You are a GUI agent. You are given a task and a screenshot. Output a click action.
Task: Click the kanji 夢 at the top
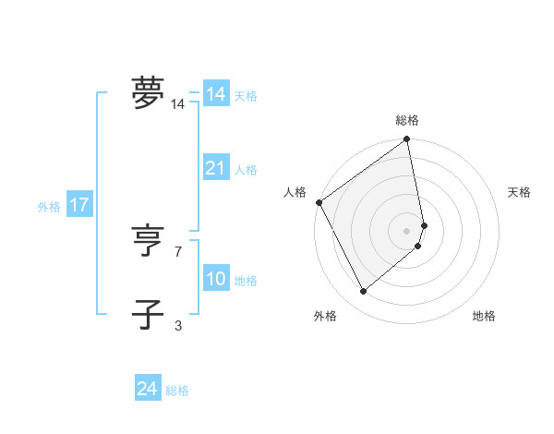coord(149,92)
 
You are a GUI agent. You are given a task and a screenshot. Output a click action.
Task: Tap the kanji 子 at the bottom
coord(149,315)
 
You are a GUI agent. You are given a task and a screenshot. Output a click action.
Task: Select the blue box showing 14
coord(216,94)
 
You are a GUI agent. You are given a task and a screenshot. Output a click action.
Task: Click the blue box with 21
coord(216,168)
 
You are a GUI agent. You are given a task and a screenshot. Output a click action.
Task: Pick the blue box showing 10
coord(216,279)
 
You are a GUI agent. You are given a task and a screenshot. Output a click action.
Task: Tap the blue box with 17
coord(79,205)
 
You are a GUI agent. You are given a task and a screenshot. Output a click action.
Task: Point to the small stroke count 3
coord(178,324)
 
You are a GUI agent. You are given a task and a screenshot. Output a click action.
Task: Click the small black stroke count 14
coord(177,104)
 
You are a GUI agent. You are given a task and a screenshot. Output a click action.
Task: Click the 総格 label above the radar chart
coord(407,120)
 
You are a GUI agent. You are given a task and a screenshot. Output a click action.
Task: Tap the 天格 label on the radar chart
coord(520,192)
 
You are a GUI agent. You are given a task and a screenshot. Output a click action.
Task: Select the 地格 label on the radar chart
coord(484,316)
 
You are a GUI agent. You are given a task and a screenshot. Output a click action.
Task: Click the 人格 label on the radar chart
coord(295,192)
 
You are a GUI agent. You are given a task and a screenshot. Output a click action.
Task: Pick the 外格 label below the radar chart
coord(325,316)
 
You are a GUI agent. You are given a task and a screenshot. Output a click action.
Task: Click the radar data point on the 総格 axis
coord(407,140)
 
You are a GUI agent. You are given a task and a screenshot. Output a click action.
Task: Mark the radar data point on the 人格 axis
coord(319,202)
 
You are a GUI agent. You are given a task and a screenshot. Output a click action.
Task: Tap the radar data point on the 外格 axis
coord(364,291)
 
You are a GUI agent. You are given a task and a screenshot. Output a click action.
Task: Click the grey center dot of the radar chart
coord(407,231)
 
